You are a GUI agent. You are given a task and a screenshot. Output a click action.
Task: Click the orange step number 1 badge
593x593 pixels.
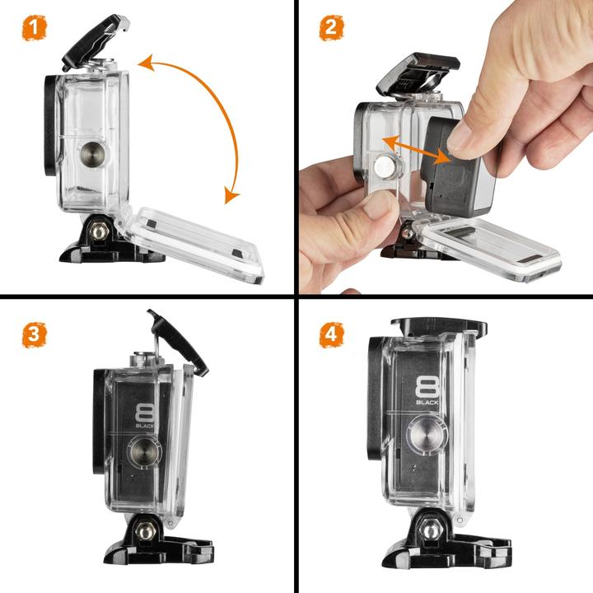click(x=34, y=28)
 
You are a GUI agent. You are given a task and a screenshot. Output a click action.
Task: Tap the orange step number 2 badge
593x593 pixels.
click(x=332, y=28)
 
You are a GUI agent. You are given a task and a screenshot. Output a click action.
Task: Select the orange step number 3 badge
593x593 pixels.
click(x=34, y=334)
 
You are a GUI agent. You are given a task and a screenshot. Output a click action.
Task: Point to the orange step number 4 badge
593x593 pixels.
click(x=332, y=334)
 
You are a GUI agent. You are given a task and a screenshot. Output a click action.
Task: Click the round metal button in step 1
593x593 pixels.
click(x=92, y=154)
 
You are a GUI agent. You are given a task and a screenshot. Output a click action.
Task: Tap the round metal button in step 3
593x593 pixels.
click(x=145, y=452)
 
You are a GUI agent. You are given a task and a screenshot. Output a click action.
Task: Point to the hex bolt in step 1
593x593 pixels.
click(x=99, y=231)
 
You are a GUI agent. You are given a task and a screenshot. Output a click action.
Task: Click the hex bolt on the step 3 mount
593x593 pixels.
click(x=146, y=531)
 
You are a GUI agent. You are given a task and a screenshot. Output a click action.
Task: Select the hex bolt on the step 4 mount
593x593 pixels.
click(x=431, y=530)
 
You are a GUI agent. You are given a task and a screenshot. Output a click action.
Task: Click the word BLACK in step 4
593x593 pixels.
click(x=427, y=403)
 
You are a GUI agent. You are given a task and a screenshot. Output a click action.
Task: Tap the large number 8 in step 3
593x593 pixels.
click(x=145, y=413)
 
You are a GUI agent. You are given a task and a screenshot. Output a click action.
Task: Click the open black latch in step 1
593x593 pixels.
click(x=96, y=41)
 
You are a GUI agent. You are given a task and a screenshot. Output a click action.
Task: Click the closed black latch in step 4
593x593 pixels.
click(x=439, y=326)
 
